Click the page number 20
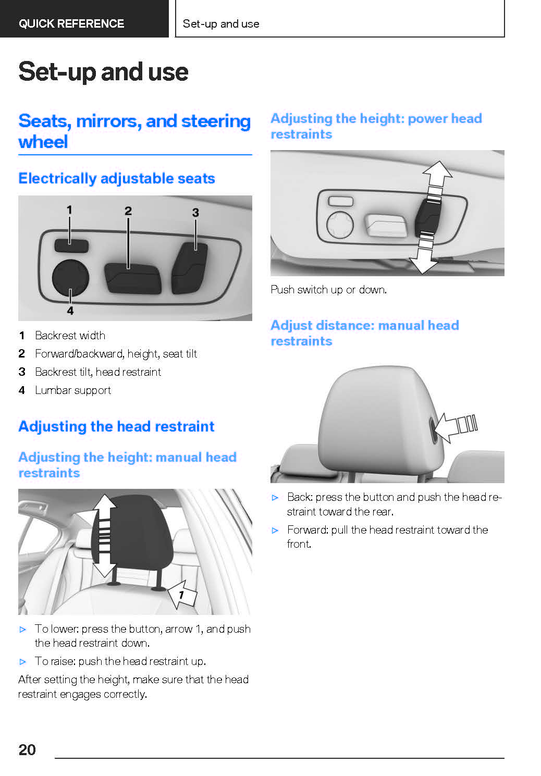click(27, 749)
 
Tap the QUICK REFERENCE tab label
click(71, 23)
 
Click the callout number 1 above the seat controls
click(70, 210)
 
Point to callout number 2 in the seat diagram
click(128, 211)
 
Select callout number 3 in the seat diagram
click(195, 212)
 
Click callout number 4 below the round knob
click(70, 311)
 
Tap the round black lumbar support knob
click(71, 278)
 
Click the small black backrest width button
click(71, 245)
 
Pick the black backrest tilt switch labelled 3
click(189, 268)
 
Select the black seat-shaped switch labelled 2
click(133, 278)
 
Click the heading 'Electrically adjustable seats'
click(117, 178)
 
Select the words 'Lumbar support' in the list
click(73, 390)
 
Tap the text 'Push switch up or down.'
click(329, 289)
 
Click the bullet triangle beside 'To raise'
click(23, 662)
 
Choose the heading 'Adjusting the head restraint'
click(116, 426)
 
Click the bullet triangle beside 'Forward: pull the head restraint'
click(275, 531)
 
